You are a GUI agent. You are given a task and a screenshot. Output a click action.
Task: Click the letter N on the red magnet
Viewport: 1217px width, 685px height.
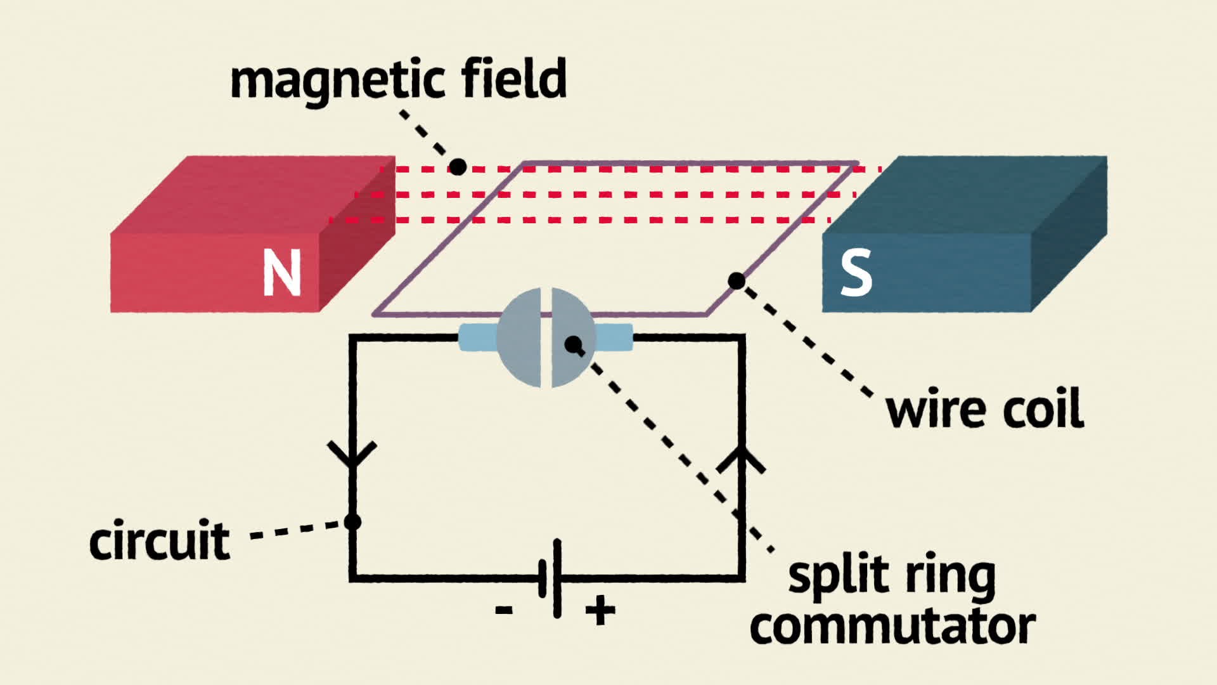pos(281,272)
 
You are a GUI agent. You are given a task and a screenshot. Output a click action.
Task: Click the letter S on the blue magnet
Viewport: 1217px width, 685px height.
pos(856,273)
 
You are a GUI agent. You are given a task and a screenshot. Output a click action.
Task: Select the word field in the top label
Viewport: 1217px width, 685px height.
pos(513,77)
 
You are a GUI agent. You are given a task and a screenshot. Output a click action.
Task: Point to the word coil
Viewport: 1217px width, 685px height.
pos(1043,409)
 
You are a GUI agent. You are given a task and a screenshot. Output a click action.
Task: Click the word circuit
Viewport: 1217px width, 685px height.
pos(159,540)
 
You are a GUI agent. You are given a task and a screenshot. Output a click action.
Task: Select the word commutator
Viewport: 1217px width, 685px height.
pos(892,627)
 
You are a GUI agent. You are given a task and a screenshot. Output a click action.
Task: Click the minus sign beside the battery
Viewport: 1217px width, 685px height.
pos(503,611)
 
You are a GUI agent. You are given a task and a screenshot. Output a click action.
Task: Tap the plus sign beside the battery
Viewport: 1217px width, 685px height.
pos(600,611)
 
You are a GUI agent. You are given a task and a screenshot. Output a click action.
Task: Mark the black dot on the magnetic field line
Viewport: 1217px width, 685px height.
pos(458,167)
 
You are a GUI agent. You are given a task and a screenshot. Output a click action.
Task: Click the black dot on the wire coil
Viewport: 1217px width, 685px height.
pos(737,280)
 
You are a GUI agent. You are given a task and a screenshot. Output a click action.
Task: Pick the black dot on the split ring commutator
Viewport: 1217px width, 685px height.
pos(573,344)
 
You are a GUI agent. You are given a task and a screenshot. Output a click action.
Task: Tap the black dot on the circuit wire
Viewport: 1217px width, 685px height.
pos(352,522)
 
